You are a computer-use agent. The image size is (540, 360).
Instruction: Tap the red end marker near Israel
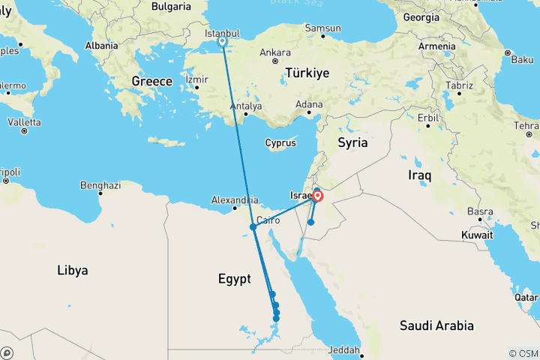(x=317, y=196)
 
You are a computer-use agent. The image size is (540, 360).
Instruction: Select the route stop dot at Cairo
(x=253, y=227)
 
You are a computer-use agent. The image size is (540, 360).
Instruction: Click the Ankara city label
(x=275, y=53)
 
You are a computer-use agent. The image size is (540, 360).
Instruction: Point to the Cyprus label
(x=280, y=142)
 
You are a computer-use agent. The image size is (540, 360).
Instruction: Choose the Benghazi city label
(x=100, y=184)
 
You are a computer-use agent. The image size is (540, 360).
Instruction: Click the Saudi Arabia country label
(x=437, y=325)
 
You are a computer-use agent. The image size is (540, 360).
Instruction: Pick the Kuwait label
(x=476, y=235)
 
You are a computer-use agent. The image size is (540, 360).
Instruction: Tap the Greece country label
(x=152, y=81)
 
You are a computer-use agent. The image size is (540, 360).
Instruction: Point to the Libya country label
(x=72, y=270)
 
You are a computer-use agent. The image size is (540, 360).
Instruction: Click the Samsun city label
(x=323, y=28)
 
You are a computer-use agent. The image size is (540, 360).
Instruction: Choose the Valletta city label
(x=25, y=122)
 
